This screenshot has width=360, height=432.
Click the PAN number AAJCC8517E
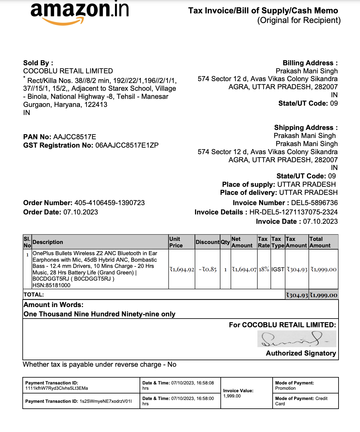tap(75, 137)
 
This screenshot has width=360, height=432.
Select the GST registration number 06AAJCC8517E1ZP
tap(127, 145)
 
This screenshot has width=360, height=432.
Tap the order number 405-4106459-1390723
tap(109, 203)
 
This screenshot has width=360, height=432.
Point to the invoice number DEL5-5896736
tap(314, 203)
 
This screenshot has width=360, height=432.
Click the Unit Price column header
tap(176, 242)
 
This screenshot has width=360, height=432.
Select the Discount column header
tap(207, 242)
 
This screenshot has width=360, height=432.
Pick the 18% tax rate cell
tap(264, 269)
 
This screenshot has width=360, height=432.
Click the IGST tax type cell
tap(278, 269)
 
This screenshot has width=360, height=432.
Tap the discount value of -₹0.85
tap(207, 269)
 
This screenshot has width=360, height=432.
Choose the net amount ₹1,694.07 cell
tap(244, 269)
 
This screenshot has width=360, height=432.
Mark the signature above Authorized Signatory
tap(297, 339)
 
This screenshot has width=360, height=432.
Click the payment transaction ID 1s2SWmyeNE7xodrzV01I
tap(106, 401)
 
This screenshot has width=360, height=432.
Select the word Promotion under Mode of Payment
tap(285, 388)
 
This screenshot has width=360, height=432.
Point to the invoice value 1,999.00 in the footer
tap(232, 396)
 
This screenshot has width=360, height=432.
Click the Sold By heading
tap(38, 63)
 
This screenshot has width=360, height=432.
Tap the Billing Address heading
tap(310, 63)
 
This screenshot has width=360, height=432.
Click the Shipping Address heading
tap(306, 128)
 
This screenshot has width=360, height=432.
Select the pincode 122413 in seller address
tap(95, 105)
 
